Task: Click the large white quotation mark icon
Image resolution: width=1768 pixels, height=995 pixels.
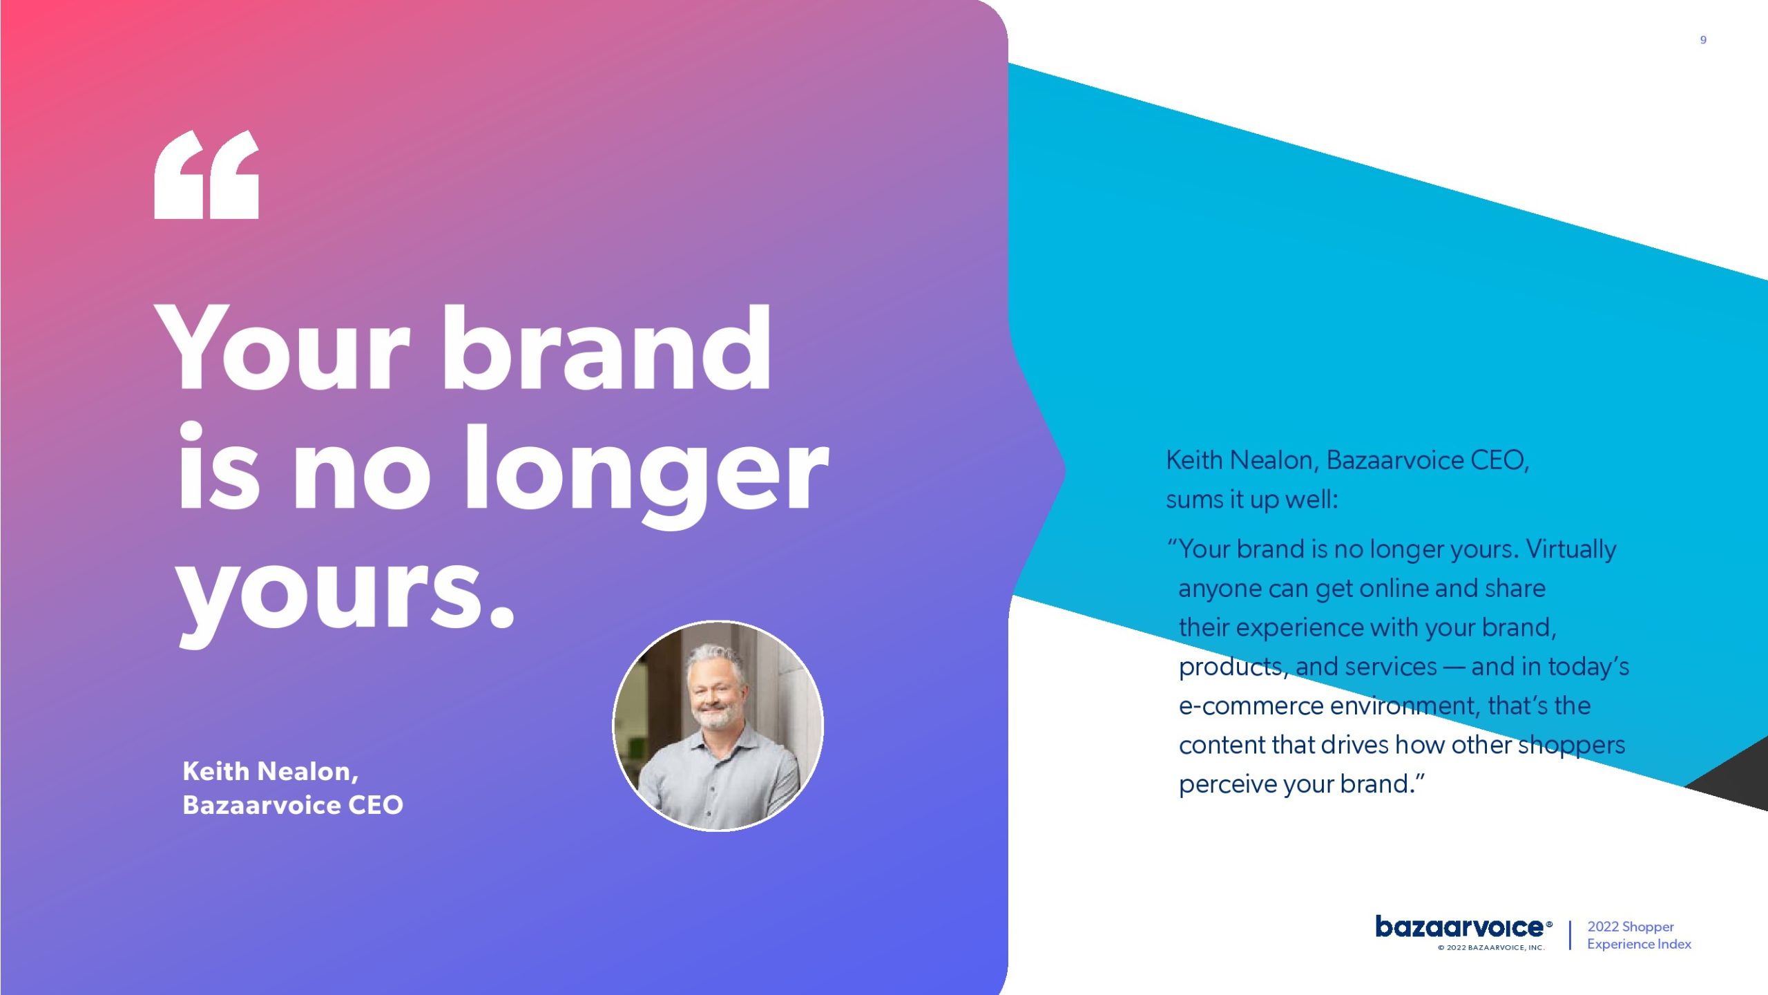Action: (206, 175)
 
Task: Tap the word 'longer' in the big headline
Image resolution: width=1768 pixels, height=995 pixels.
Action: (646, 476)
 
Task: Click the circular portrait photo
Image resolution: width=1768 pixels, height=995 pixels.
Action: (718, 726)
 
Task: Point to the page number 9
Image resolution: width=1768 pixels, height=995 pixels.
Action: (1703, 40)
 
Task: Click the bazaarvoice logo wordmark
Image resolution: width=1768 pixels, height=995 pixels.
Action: (1461, 927)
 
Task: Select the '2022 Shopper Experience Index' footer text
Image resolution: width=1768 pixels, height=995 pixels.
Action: (1639, 936)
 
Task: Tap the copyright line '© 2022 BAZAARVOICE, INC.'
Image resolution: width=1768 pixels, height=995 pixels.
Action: (1491, 948)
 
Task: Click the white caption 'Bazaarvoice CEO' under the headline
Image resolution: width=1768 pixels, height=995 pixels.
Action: (293, 805)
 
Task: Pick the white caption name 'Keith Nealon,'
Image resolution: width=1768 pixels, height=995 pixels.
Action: (271, 771)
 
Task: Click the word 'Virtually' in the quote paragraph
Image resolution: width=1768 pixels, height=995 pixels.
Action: (1571, 550)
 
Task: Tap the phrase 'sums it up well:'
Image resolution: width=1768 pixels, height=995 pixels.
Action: (1252, 500)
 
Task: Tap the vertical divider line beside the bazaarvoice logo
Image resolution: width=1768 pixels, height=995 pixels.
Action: (1570, 936)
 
